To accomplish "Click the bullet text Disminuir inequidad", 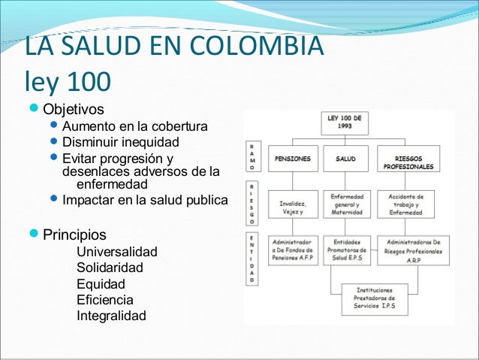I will point(121,142).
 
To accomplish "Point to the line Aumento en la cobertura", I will point(135,126).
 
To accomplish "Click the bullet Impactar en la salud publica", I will point(144,201).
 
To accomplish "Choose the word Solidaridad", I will point(110,268).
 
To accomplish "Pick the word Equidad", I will point(101,284).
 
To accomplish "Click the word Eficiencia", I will point(105,300).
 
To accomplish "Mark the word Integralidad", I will point(111,316).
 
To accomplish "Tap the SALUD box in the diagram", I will point(345,159).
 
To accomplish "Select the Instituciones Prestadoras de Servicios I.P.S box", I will point(375,298).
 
